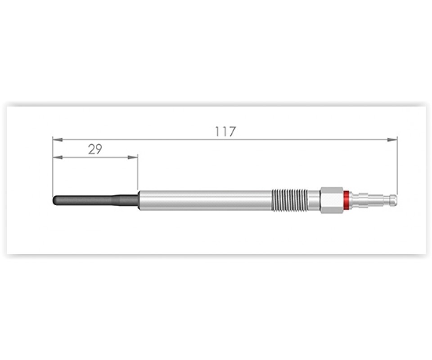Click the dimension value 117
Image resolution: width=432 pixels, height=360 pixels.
pos(225,131)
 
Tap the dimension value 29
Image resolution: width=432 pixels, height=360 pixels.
pos(95,149)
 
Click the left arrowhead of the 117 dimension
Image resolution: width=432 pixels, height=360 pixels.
pos(57,139)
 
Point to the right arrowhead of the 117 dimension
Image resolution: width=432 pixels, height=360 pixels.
pos(392,139)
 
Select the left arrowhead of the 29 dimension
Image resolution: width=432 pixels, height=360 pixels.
pos(57,157)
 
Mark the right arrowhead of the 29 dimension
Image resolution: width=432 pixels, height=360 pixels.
pos(132,157)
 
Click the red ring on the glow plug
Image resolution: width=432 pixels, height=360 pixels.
pos(346,200)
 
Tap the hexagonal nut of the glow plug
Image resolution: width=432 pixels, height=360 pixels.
pos(332,200)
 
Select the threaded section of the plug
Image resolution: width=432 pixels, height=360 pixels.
pos(289,200)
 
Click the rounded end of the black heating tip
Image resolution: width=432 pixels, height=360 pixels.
pos(54,200)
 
